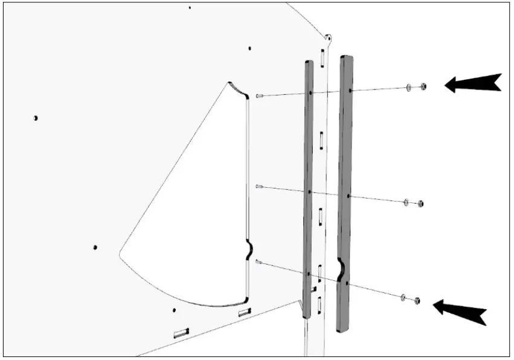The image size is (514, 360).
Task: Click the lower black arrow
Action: pos(460,310)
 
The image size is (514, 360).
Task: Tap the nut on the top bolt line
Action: pos(423,86)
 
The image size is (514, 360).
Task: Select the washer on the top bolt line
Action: pos(410,88)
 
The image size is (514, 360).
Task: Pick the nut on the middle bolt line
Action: pos(420,204)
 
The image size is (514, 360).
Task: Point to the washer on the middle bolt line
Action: pos(406,201)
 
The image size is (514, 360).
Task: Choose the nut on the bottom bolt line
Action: pos(417,300)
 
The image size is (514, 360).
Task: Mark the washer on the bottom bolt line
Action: pos(403,297)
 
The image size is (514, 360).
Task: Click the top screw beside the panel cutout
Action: pos(259,95)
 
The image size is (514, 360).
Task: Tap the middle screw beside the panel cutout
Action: pos(259,187)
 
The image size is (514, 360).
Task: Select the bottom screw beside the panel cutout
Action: pos(259,262)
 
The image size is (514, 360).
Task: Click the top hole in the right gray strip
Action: pos(350,91)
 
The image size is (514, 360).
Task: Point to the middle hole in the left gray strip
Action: pos(309,191)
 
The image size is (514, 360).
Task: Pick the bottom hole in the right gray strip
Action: pos(347,283)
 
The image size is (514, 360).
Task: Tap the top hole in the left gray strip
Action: pos(310,93)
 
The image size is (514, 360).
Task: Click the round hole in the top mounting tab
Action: pos(329,37)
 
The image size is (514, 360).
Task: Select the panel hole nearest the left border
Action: pos(36,118)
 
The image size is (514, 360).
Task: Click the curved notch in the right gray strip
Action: pos(341,268)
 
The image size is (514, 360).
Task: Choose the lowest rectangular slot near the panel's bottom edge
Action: pos(181,333)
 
